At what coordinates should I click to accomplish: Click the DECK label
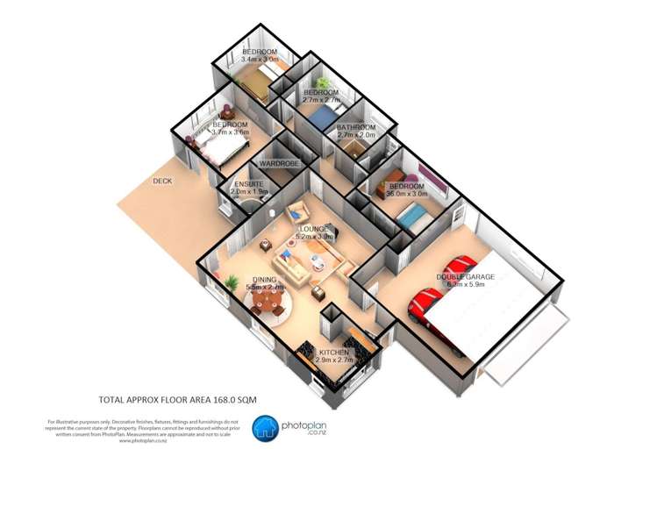[162, 182]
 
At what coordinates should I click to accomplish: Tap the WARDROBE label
[279, 164]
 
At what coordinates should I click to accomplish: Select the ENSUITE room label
[249, 183]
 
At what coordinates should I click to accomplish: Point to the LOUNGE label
[313, 228]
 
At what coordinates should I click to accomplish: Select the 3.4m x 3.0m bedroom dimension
[260, 60]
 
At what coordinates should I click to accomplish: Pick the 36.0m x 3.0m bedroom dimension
[406, 194]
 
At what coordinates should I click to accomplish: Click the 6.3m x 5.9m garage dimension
[471, 285]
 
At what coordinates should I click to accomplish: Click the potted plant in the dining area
[231, 282]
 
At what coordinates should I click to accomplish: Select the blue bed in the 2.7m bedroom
[324, 115]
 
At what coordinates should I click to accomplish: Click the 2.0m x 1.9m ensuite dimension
[249, 191]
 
